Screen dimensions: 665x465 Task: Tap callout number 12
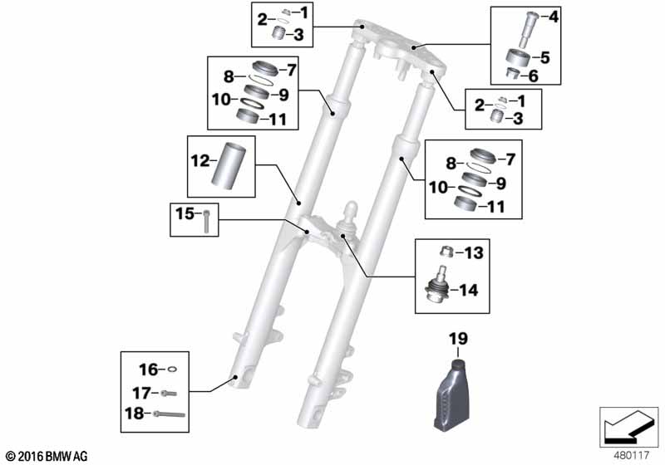(200, 161)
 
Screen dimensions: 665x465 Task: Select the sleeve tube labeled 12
(229, 164)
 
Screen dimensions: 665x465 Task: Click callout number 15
(185, 214)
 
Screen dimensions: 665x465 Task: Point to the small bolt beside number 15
(206, 222)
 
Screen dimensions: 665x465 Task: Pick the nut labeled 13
(447, 252)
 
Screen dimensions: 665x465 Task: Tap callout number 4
(554, 17)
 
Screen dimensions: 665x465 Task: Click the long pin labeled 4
(529, 30)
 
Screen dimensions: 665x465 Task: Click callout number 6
(533, 76)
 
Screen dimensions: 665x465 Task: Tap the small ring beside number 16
(173, 370)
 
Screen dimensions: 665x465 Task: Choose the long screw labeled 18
(170, 414)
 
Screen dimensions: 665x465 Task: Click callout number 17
(141, 394)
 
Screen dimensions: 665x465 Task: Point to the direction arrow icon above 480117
(628, 427)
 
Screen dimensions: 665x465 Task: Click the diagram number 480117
(632, 456)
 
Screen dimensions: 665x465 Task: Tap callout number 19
(459, 339)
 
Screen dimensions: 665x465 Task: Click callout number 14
(468, 291)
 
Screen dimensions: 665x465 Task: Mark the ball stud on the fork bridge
(349, 216)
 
